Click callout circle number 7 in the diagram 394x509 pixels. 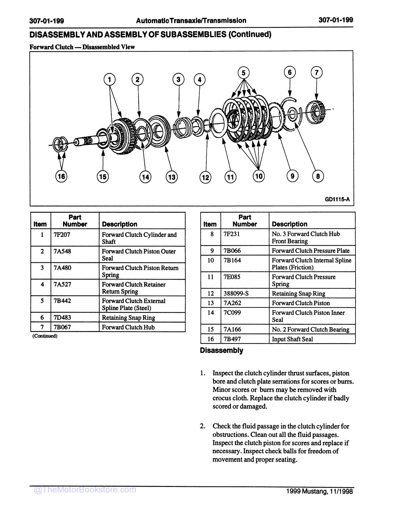316,72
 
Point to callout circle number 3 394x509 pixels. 178,80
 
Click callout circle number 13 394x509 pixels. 172,177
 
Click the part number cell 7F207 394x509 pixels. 62,235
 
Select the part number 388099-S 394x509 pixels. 236,294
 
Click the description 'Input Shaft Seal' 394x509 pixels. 292,339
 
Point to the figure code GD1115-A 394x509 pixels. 337,199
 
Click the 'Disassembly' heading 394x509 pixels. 222,350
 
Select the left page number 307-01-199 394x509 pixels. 47,21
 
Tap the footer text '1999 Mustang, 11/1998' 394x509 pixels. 319,491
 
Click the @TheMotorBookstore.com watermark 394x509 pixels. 85,490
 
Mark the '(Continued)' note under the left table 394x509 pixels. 45,336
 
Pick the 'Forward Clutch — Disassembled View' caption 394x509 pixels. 82,47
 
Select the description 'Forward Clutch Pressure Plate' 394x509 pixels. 311,251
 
